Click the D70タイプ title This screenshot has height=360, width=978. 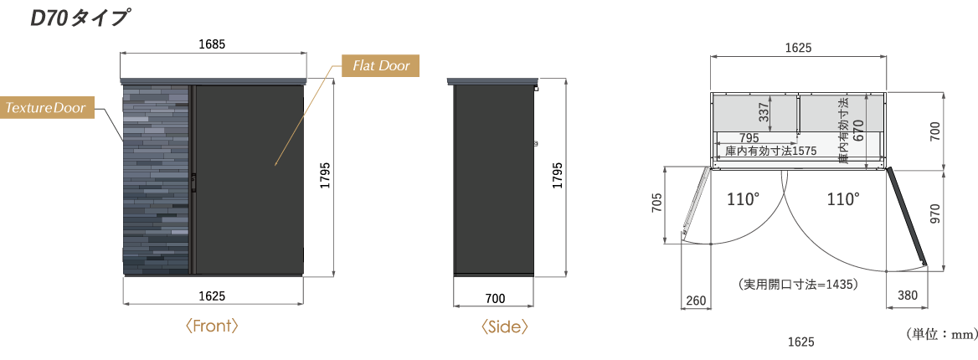tap(80, 18)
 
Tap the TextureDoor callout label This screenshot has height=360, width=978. tap(46, 108)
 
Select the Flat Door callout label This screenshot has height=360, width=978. tap(380, 65)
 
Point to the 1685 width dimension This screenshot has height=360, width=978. tap(212, 44)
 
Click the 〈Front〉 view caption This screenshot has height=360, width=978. tap(212, 326)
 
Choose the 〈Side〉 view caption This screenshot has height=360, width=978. tap(504, 327)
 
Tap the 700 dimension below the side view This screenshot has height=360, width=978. tap(495, 299)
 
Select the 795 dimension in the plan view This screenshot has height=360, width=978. tap(749, 138)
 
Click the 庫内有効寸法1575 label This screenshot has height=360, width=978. tap(771, 151)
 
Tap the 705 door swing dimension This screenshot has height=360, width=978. tap(656, 203)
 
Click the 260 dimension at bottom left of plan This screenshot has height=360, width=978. tap(696, 301)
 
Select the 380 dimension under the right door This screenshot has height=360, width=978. tap(908, 296)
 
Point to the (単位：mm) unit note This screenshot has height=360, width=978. tap(941, 334)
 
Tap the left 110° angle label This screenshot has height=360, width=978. tap(743, 199)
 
